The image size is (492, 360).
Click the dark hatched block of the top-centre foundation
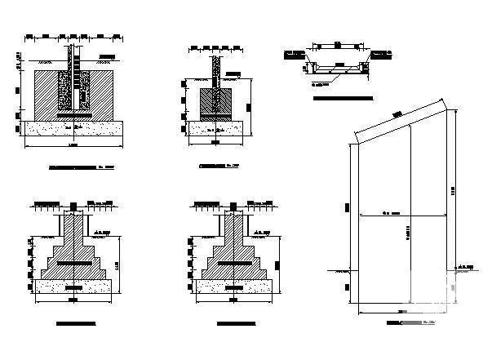point(215,101)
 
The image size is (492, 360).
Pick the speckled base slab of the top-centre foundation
point(215,129)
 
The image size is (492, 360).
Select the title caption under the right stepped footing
point(236,324)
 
